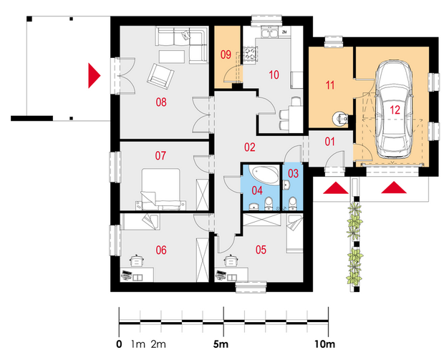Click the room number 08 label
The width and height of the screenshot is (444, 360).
click(x=161, y=102)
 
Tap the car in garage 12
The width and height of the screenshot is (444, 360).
click(x=393, y=110)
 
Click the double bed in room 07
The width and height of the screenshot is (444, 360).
click(x=161, y=189)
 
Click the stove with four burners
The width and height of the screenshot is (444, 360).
click(x=251, y=54)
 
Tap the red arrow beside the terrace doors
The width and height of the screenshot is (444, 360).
click(x=95, y=76)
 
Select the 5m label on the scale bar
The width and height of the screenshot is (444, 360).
click(x=221, y=344)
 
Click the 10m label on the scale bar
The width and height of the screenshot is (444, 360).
click(x=324, y=344)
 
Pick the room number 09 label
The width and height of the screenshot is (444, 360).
click(x=226, y=54)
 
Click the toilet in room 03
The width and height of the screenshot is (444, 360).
click(x=293, y=204)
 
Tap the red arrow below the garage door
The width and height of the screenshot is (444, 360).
click(x=394, y=188)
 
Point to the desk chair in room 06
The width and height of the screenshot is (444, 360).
click(x=137, y=261)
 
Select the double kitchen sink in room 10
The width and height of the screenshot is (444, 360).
click(x=270, y=33)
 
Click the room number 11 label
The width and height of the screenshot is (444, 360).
click(x=330, y=85)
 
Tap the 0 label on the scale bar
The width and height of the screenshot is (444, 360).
click(x=119, y=344)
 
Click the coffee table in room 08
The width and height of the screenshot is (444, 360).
click(x=172, y=57)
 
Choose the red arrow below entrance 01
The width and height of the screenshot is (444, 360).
click(x=336, y=188)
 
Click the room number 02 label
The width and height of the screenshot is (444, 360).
click(x=249, y=147)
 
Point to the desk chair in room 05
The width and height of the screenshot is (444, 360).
click(x=231, y=261)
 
